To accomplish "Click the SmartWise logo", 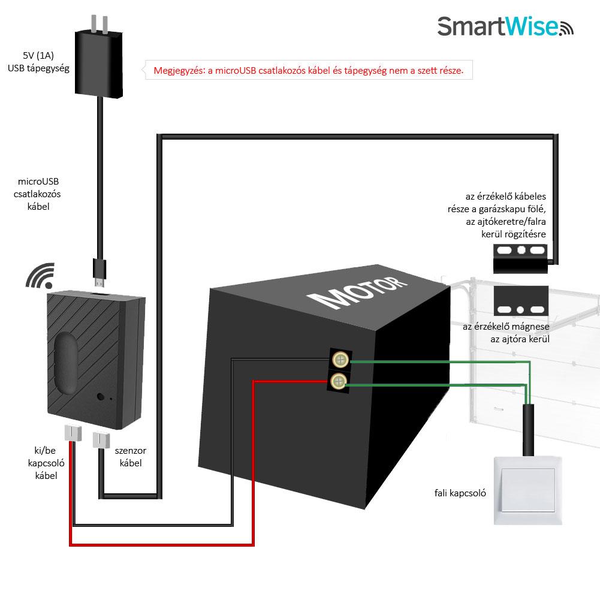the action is (x=505, y=26).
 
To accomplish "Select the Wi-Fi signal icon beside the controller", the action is (x=41, y=276).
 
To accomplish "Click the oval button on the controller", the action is (x=65, y=363).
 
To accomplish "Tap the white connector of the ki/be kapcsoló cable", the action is (x=73, y=433).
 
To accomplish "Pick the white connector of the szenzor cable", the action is (x=101, y=439).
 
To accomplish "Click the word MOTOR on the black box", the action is (x=357, y=293).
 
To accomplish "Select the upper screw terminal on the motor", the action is (x=340, y=359).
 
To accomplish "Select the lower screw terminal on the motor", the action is (x=338, y=381).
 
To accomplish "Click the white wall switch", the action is (x=527, y=490).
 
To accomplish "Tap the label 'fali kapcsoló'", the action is (x=460, y=493).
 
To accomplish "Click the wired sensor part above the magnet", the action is (x=520, y=259).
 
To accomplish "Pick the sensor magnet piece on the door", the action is (x=521, y=301).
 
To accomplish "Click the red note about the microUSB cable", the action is (x=309, y=70).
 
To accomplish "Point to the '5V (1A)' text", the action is (x=38, y=56).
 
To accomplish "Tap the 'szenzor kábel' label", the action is (x=131, y=457).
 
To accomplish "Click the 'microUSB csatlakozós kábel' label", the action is (x=38, y=194).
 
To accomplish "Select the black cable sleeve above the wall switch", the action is (x=528, y=430).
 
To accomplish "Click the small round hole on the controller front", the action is (x=101, y=397).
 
